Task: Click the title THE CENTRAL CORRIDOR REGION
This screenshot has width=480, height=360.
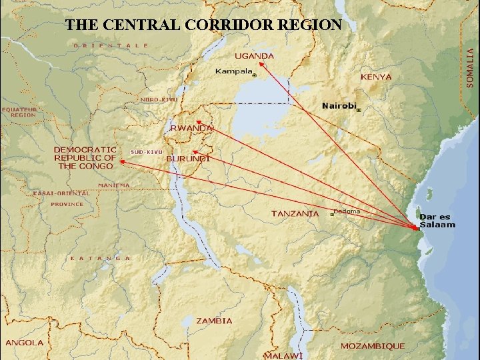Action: tap(203, 25)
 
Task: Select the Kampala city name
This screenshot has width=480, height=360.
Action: tap(234, 71)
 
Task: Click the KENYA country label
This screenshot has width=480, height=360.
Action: tap(376, 77)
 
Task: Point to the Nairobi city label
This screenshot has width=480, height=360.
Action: tap(339, 105)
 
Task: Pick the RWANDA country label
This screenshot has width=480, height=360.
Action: tap(192, 127)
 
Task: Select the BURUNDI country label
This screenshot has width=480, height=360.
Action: tap(188, 159)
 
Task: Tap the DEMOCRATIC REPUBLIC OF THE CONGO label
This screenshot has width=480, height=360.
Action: tap(85, 157)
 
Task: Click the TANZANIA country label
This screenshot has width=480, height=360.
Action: tap(295, 213)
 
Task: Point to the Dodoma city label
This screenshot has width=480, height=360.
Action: tap(347, 211)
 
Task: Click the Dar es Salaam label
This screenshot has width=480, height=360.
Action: tap(437, 221)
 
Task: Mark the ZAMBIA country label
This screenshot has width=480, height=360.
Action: tap(214, 321)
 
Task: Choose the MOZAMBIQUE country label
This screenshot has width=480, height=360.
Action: tap(373, 346)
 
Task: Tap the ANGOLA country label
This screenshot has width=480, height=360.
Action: tap(25, 343)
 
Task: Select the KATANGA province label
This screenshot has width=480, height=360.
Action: tap(101, 257)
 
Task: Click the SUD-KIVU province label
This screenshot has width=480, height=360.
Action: tap(147, 152)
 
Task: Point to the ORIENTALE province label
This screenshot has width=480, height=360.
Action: tap(111, 45)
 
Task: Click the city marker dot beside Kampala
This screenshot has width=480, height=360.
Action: tap(254, 76)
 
